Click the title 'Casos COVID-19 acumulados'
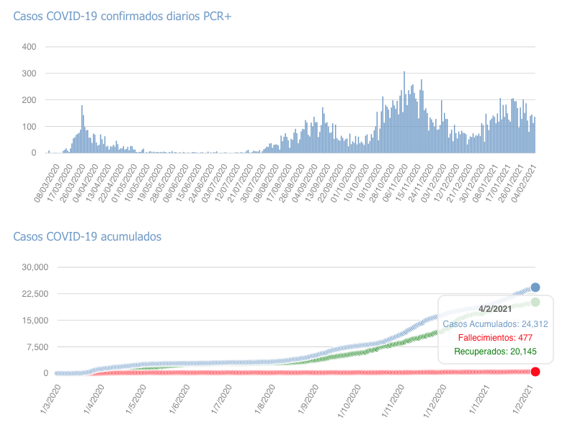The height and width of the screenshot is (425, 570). coord(87,236)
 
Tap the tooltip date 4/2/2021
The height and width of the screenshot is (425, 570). coord(495,309)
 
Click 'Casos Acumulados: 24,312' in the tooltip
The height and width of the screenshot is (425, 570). coord(495,324)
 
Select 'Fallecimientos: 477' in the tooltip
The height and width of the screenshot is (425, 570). coord(495,338)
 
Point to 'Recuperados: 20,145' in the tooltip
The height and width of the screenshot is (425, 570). coord(495,352)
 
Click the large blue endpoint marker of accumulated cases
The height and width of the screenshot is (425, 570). coord(535,287)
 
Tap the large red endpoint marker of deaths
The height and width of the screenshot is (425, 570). coord(535,372)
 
